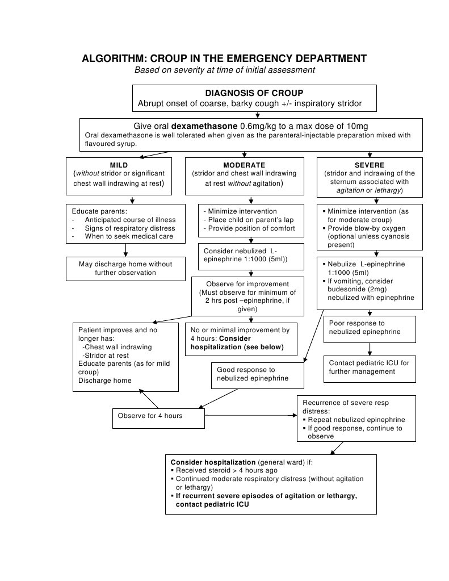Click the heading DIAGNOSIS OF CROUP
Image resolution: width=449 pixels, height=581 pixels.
tap(254, 93)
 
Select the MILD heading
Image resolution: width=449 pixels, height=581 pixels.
tap(119, 165)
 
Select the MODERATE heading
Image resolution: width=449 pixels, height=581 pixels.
tap(244, 165)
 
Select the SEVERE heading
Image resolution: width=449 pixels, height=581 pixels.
tap(369, 165)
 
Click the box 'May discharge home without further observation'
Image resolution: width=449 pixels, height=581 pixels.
tap(125, 269)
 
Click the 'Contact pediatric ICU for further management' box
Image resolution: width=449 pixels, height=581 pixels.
tap(369, 367)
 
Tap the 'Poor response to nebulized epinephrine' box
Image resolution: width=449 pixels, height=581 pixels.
tap(369, 328)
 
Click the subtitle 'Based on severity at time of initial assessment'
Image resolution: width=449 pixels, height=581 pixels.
tap(224, 70)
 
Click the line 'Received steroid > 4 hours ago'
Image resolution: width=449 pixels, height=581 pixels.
tap(226, 470)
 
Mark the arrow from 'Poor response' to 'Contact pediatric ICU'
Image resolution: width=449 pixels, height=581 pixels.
tap(370, 349)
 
